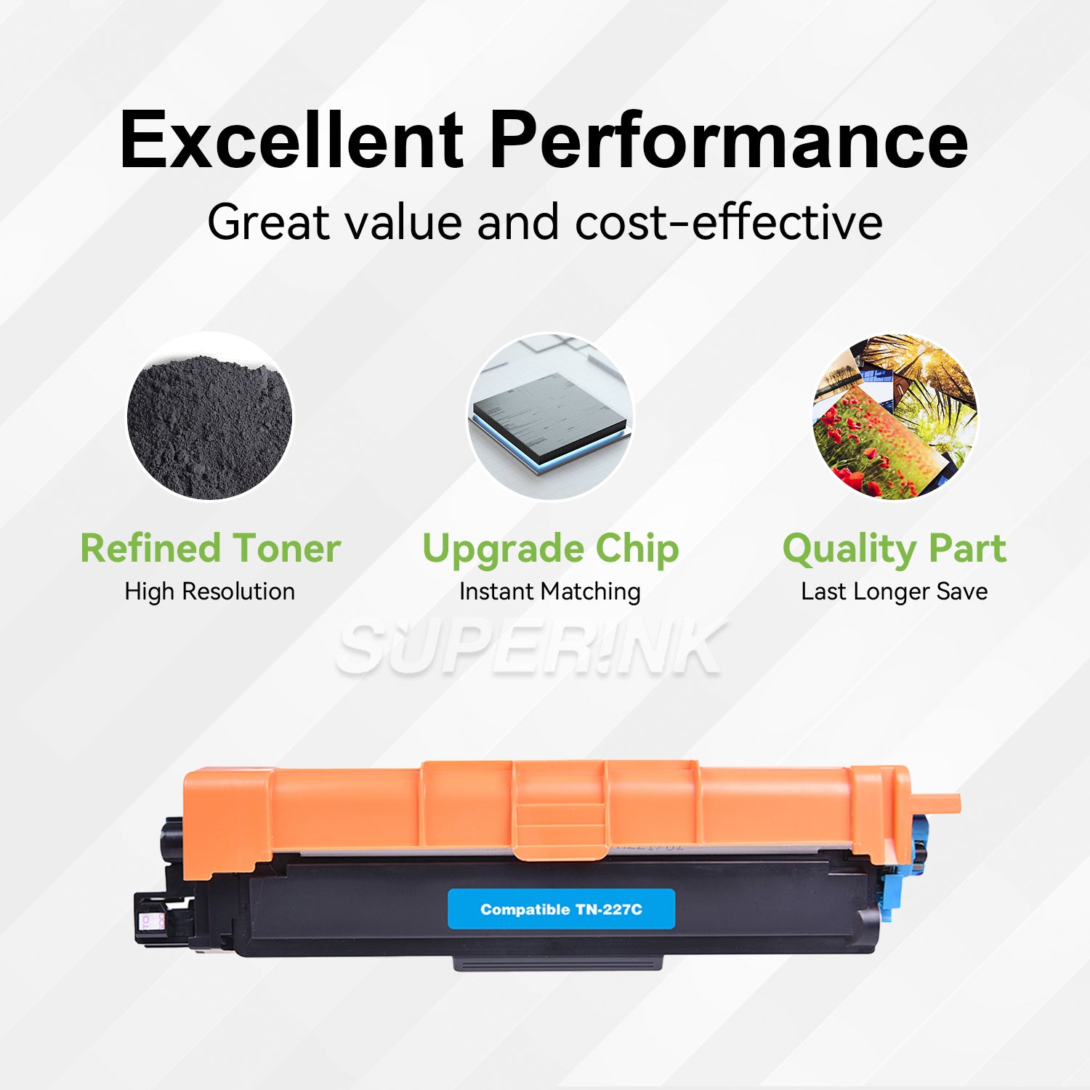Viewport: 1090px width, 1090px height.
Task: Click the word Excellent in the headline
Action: tap(291, 140)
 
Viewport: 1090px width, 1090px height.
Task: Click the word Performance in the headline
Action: tap(728, 140)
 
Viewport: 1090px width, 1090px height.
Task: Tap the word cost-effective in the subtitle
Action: tap(729, 222)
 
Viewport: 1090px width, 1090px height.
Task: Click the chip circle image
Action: tap(549, 417)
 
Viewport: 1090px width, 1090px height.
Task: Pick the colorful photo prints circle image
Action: tap(895, 417)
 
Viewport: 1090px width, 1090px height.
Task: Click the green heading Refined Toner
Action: tap(210, 548)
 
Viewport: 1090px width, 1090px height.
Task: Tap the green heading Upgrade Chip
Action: tap(550, 549)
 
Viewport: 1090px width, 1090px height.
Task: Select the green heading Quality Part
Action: tap(895, 549)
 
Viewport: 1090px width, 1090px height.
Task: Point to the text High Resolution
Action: tap(209, 592)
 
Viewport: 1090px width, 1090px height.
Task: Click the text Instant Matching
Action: tap(549, 592)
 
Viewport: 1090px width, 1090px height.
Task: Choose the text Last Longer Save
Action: tap(894, 592)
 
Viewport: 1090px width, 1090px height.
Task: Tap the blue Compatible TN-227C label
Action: tap(561, 909)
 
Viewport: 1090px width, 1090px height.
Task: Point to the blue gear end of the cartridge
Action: tap(901, 872)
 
